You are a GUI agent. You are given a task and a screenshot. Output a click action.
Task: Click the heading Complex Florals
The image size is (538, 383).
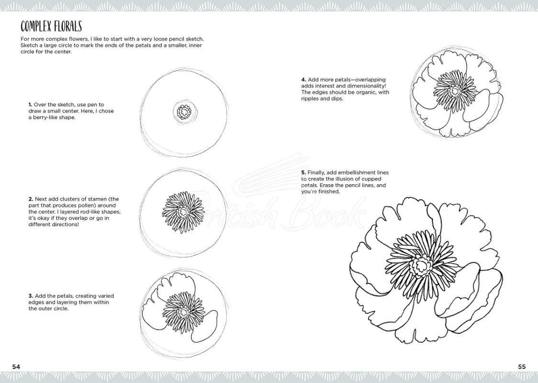coord(51,26)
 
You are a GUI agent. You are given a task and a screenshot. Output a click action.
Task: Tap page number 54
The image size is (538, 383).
coord(16,367)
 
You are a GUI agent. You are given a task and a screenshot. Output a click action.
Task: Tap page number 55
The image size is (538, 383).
coord(522,367)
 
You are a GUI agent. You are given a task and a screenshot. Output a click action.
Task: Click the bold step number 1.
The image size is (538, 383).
coord(30,104)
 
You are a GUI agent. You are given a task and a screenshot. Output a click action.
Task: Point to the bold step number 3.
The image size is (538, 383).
coord(30,296)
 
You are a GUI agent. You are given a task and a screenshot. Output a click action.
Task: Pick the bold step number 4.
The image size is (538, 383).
coord(303,79)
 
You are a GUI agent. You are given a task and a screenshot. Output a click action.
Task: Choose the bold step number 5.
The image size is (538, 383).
coord(303,172)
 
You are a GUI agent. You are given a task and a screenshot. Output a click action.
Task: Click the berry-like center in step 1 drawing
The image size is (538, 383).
coord(184,113)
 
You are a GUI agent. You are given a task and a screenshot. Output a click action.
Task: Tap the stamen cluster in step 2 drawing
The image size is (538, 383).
coord(183,209)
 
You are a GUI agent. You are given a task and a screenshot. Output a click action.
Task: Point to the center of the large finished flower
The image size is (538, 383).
coord(422,264)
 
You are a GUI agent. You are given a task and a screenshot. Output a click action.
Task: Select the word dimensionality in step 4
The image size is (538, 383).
coord(367,86)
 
